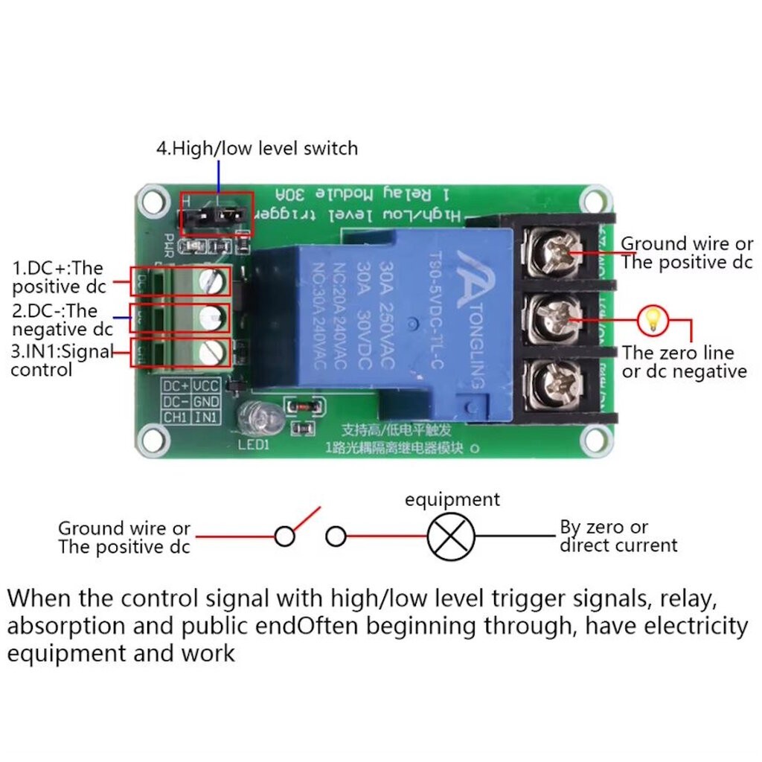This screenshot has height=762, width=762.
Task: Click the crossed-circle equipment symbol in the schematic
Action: [x=451, y=536]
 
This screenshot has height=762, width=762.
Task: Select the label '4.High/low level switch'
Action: [x=257, y=148]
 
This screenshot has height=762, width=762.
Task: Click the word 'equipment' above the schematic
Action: [x=452, y=499]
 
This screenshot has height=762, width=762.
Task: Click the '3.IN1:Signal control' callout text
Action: [x=61, y=360]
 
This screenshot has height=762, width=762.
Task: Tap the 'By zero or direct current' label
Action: [x=618, y=537]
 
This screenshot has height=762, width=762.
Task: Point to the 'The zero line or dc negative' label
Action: [x=684, y=362]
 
